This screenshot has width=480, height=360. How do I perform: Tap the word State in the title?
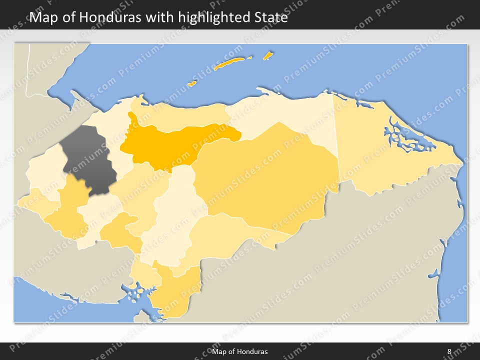coord(270,17)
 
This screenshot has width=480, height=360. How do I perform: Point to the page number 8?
coord(449,351)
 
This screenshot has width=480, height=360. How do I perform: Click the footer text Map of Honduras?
coord(239,351)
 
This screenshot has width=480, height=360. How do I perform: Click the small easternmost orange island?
coord(268,55)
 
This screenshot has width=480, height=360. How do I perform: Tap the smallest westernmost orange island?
coord(191,83)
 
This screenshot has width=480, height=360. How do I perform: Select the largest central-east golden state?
coord(270,175)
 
